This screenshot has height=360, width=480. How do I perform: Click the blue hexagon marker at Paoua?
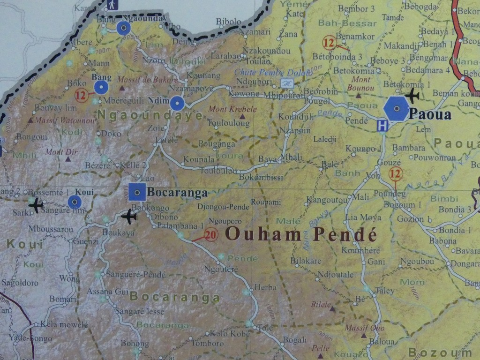396,109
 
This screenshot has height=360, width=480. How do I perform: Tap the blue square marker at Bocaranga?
137,192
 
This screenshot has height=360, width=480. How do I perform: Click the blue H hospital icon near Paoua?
382,125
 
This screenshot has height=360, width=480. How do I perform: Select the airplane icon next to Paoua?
412,96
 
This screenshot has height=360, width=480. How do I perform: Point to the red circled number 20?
211,234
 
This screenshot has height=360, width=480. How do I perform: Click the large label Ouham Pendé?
301,233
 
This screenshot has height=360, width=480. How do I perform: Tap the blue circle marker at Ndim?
177,103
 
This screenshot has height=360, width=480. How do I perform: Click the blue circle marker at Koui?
75,202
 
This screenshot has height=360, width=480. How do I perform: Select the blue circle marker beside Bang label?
101,87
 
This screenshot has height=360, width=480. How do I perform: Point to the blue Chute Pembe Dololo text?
273,73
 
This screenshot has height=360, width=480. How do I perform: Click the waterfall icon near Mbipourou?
287,83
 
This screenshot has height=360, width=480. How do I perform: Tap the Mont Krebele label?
232,109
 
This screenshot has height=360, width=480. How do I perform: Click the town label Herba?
265,287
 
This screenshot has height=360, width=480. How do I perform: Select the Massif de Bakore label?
147,80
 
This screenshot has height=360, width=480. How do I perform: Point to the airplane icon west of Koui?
36,205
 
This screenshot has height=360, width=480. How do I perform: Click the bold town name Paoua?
430,114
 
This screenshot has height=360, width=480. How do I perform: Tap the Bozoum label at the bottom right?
440,352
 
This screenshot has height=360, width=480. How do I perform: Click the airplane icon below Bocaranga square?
128,217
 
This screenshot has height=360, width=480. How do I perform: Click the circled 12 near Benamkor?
329,43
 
